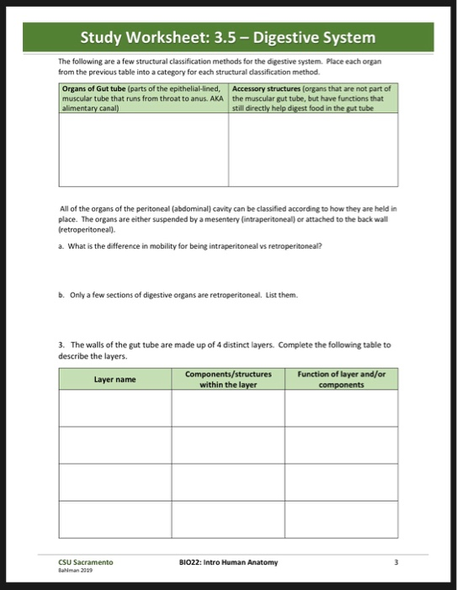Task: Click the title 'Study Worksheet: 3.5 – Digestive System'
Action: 228,38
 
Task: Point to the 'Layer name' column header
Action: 114,379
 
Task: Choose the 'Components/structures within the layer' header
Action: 228,379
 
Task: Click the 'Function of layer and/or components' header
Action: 341,379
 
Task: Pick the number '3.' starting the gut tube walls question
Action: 63,345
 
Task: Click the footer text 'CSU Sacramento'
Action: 86,561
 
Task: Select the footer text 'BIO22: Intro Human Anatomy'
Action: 228,561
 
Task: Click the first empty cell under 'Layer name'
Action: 114,410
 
